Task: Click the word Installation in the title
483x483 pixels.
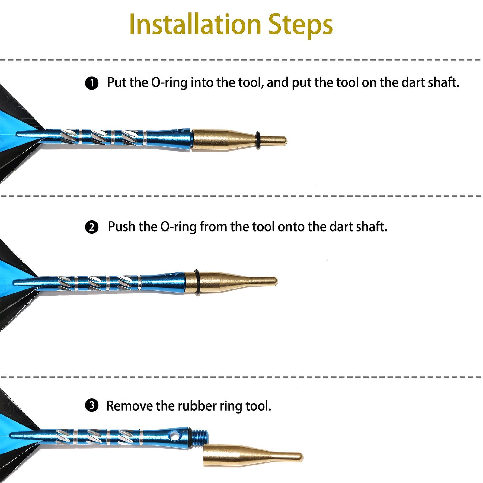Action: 195,24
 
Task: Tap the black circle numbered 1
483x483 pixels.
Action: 92,83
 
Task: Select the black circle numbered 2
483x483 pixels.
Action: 92,227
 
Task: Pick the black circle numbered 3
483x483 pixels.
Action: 92,405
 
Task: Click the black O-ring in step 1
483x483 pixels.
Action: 258,140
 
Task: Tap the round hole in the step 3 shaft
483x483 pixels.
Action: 174,436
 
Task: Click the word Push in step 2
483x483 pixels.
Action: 122,227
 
